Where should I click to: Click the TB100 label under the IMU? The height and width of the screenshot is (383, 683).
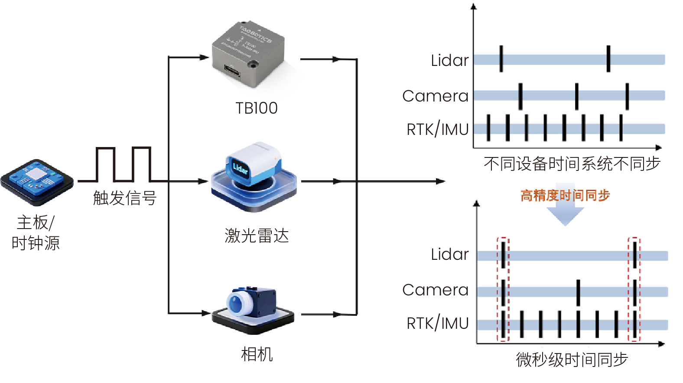[x=256, y=108]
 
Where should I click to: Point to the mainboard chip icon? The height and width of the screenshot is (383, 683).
[x=37, y=182]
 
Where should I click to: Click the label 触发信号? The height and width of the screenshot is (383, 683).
[x=125, y=198]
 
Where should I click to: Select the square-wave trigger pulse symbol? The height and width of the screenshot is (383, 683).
[x=123, y=164]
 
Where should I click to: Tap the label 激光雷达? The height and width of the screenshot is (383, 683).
[x=257, y=236]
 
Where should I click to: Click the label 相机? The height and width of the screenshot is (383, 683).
[x=257, y=354]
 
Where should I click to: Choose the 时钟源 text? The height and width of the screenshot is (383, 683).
[x=36, y=243]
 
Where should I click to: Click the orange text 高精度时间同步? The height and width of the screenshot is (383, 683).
[x=565, y=196]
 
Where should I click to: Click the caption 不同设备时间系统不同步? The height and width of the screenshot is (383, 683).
[x=572, y=164]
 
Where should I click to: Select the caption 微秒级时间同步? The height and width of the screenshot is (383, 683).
[x=572, y=360]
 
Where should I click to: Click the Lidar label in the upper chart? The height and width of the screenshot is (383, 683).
[x=450, y=60]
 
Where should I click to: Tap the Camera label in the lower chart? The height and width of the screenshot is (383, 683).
[x=436, y=290]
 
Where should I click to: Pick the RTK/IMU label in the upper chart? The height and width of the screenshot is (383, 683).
[x=438, y=129]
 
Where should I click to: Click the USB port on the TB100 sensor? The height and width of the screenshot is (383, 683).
[x=232, y=71]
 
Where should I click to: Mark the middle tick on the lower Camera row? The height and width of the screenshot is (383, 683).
[x=578, y=293]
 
